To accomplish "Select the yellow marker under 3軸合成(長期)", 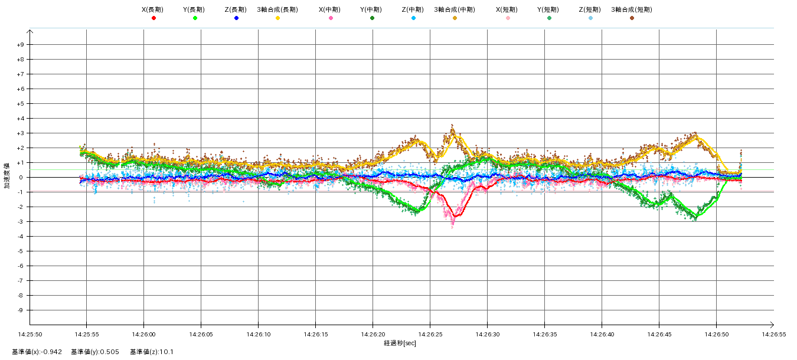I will click(277, 18).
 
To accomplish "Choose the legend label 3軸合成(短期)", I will click(631, 9).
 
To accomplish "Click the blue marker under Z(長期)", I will click(236, 18).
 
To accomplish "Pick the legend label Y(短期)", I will click(548, 9).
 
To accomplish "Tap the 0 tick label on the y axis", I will click(21, 178).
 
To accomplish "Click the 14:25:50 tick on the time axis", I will click(30, 334).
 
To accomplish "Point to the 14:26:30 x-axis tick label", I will click(487, 334).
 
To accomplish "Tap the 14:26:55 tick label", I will click(773, 334).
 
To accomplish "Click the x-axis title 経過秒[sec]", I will click(400, 343).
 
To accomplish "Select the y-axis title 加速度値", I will click(8, 177).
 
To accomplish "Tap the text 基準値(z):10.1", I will click(152, 352).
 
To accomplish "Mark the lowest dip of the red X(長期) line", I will click(455, 216).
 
